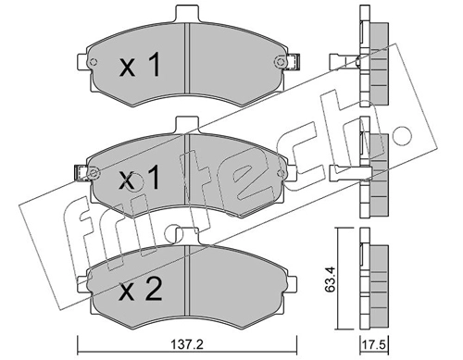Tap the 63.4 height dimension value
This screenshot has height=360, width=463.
point(331,279)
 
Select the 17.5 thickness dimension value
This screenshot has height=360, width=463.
point(374,344)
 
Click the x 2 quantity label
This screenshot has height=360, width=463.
point(141,290)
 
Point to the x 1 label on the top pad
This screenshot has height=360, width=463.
point(141,65)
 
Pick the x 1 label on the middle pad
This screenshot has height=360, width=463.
point(141,177)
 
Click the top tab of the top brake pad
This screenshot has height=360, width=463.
point(187,14)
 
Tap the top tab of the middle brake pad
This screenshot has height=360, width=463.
point(187,125)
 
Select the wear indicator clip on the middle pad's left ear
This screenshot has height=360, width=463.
point(81,173)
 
